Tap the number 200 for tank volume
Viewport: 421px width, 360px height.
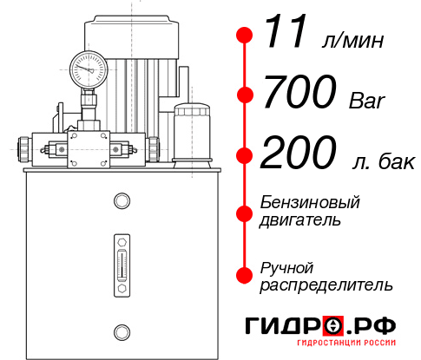[x=299, y=154]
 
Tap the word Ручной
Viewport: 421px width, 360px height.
[x=286, y=267]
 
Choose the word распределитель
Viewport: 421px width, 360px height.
[x=326, y=285]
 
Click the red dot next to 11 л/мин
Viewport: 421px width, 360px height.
[x=245, y=36]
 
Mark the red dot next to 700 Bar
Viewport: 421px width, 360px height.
[x=245, y=95]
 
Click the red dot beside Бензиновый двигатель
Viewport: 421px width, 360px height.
[x=245, y=213]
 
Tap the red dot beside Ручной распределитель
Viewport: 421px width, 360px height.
[x=245, y=274]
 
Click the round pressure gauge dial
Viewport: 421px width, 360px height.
[x=88, y=67]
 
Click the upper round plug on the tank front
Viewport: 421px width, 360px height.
[x=121, y=202]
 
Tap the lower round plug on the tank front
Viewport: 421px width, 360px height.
[x=121, y=330]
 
